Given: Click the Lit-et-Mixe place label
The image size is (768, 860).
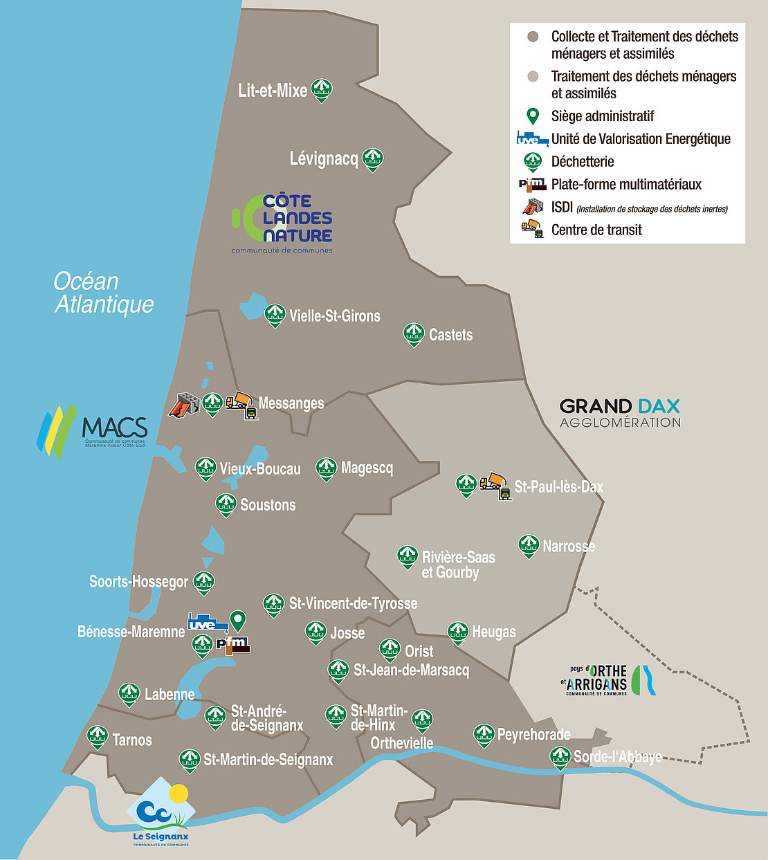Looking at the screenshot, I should click(x=273, y=91).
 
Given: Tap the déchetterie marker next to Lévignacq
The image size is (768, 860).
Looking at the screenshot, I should click(x=373, y=160).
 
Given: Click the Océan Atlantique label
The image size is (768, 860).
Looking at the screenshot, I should click(x=104, y=293).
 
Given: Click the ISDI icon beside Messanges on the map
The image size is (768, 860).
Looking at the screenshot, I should click(x=184, y=404).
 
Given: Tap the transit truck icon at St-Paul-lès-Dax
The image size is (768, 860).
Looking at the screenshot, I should click(x=496, y=486).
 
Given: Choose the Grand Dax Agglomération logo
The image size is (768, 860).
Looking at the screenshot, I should click(x=620, y=412).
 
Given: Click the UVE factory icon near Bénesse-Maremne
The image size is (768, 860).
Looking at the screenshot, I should click(x=208, y=623).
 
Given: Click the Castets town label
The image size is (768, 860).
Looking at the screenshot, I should click(x=450, y=335).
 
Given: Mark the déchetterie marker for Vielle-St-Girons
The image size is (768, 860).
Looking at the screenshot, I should click(x=275, y=315).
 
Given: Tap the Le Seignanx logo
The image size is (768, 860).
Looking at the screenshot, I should click(x=161, y=813).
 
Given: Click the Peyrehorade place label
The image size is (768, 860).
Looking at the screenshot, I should click(x=533, y=734).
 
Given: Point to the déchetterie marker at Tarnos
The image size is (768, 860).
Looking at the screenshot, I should click(x=97, y=738).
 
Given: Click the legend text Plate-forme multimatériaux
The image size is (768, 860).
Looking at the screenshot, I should click(x=626, y=185).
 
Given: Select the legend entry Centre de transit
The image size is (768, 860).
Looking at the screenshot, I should click(x=596, y=230).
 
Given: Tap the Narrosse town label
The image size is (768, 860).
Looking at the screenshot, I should click(x=569, y=547).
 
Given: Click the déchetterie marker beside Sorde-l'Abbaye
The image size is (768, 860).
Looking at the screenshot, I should click(x=560, y=758).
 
